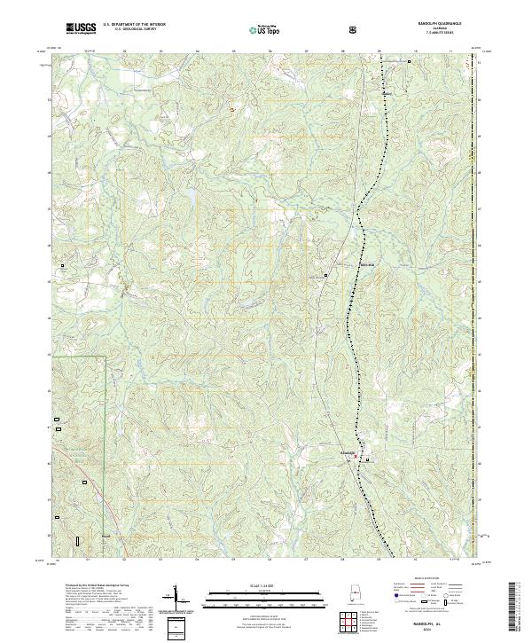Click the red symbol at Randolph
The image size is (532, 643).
pos(358,458)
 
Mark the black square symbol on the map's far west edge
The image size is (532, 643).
pos(62,265)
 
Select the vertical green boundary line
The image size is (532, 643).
pos(106,417)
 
